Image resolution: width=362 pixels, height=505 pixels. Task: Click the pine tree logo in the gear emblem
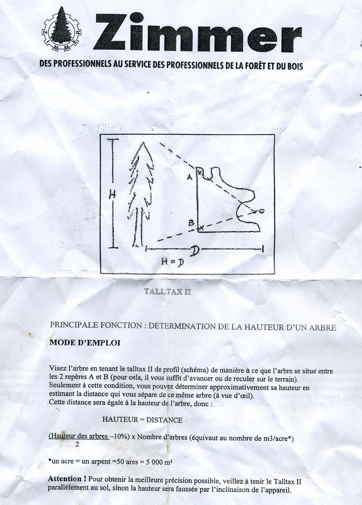tap(61, 26)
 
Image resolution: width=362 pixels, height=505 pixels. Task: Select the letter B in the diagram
tap(191, 223)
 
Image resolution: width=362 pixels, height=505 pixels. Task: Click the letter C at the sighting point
tap(262, 211)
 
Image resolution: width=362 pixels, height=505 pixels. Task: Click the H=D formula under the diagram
tap(173, 262)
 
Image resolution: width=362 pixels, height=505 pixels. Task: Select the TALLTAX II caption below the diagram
tap(167, 292)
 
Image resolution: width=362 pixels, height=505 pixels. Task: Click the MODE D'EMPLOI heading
tap(85, 343)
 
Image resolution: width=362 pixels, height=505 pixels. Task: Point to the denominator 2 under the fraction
tap(77, 445)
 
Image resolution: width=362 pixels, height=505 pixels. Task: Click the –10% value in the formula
tap(119, 437)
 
